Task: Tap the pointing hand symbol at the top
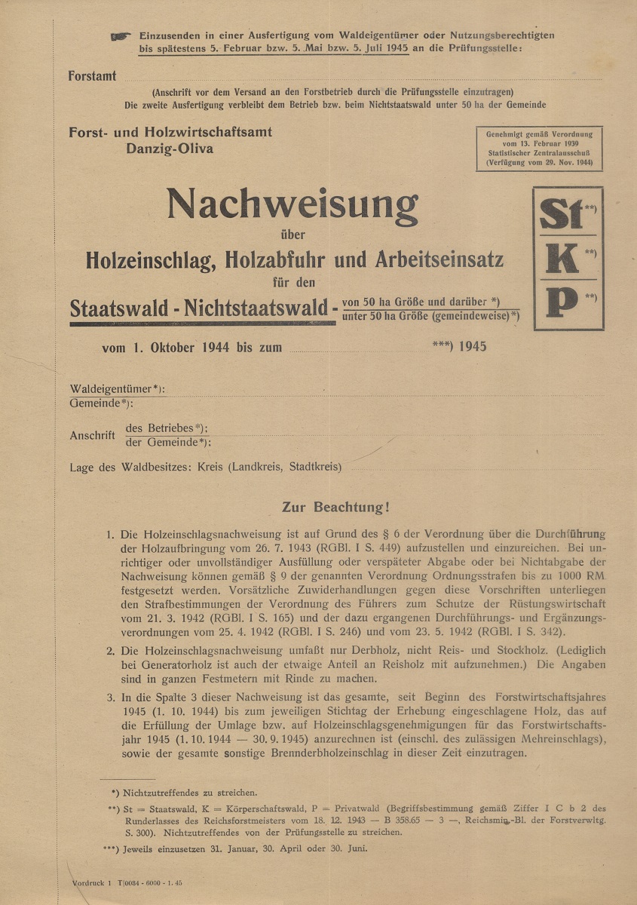click(120, 36)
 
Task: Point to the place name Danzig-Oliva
click(170, 148)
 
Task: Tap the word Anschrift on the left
click(92, 435)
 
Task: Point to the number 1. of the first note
click(110, 535)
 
